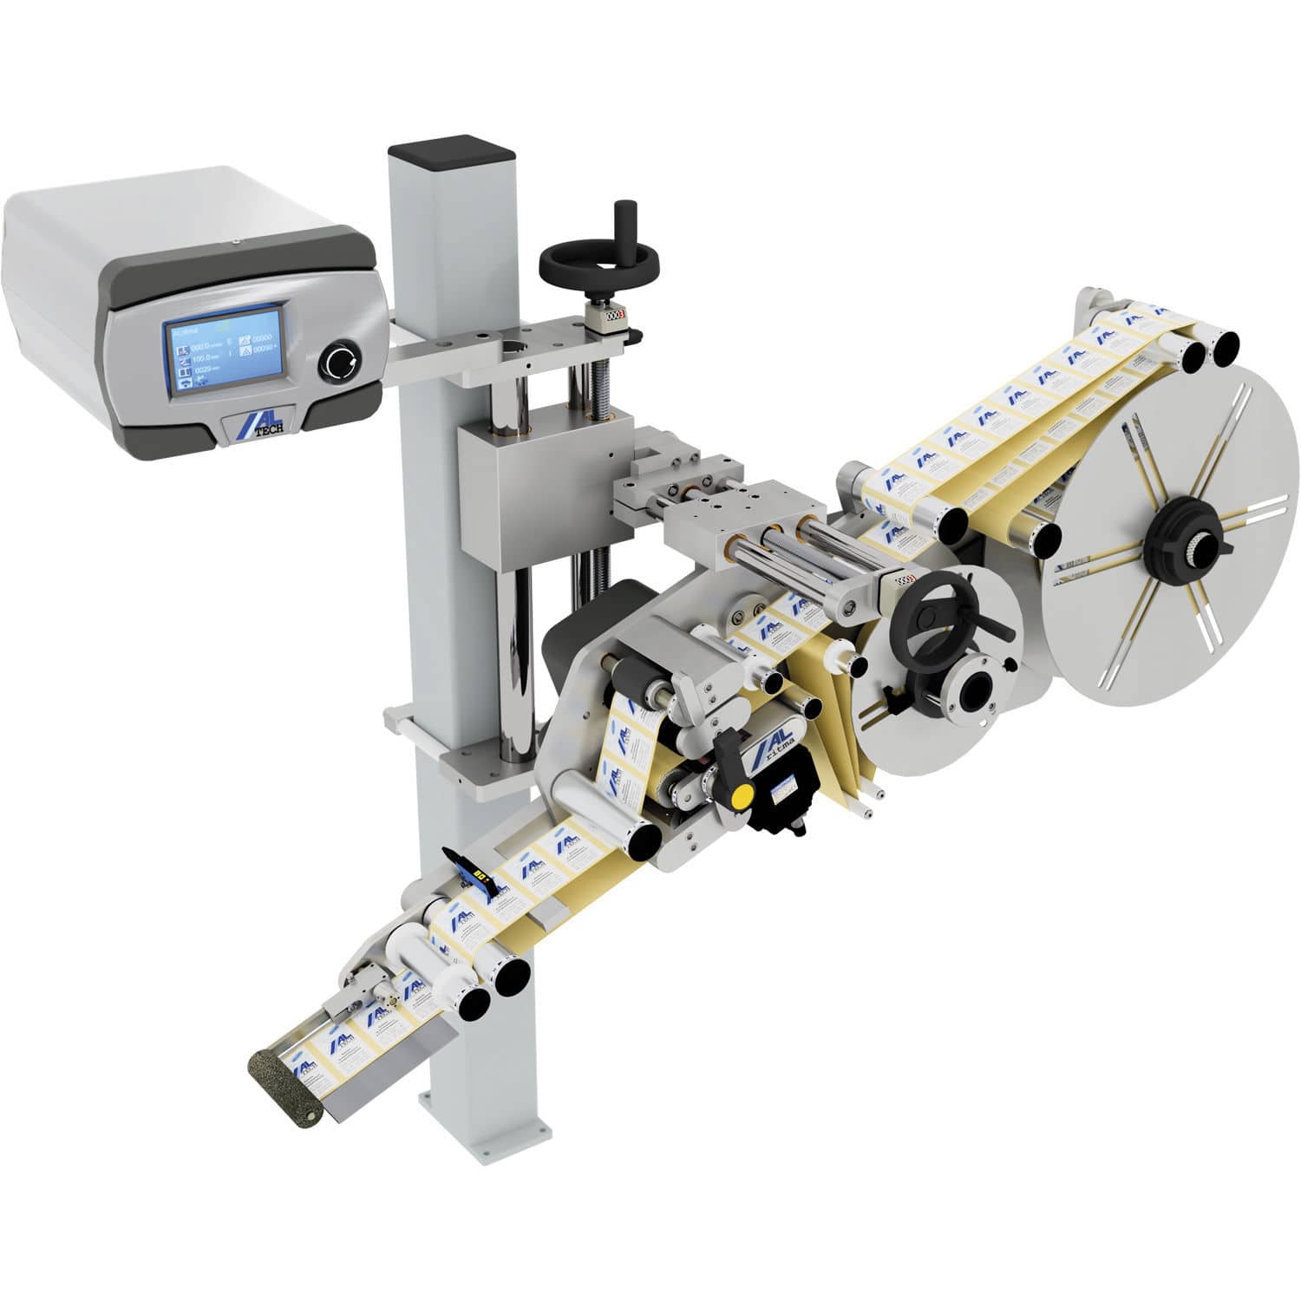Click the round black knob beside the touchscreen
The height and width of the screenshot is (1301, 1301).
(x=337, y=361)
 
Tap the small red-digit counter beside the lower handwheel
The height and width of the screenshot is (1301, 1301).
(x=905, y=579)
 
